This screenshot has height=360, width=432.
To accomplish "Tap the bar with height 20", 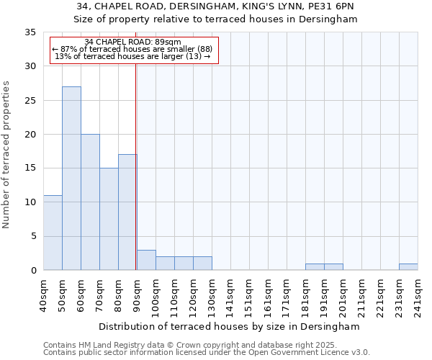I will (90, 202).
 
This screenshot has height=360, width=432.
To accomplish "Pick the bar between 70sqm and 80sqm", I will (109, 219).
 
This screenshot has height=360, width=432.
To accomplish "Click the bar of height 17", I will (127, 212).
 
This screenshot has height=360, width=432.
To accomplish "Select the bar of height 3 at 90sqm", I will (146, 260).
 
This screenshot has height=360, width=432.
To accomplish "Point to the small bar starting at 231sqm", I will (408, 267).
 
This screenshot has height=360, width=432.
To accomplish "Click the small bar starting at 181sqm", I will (315, 267).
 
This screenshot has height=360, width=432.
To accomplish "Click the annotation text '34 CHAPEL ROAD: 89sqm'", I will (132, 42).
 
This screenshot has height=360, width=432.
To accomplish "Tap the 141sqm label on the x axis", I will (230, 295).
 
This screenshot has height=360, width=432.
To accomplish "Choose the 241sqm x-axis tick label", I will (418, 295).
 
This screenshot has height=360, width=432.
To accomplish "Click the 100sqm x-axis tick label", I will (156, 295).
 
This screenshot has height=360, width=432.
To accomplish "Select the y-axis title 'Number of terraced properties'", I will (7, 154).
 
